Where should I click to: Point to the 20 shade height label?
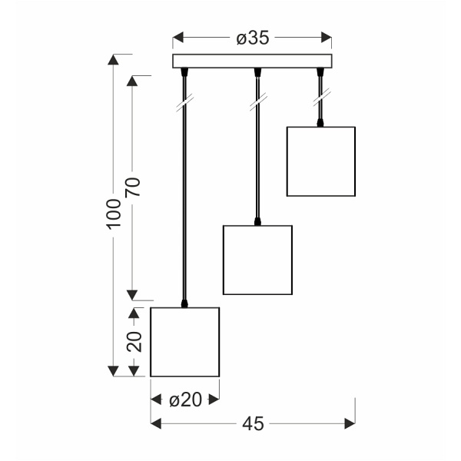tap(134, 342)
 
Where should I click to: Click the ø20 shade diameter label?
tap(184, 400)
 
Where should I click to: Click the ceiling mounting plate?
tap(253, 61)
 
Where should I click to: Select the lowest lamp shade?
tap(184, 342)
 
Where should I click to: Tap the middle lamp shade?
tap(257, 260)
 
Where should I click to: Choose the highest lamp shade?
tap(321, 161)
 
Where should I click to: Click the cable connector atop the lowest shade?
tap(184, 304)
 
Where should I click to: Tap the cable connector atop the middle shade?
tap(257, 222)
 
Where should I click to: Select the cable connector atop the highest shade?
tap(320, 124)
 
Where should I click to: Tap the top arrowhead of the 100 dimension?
tap(114, 60)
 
